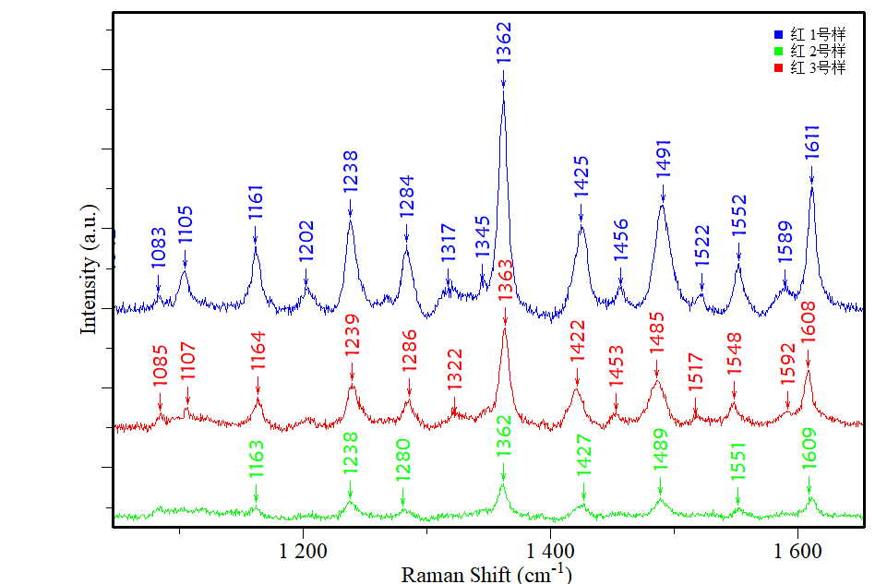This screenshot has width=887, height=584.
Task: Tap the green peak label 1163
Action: (257, 459)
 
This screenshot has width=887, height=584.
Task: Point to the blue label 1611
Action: (812, 143)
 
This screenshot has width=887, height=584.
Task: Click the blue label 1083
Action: (159, 248)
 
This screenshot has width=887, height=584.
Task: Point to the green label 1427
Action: (583, 459)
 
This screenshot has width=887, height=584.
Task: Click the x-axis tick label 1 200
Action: (304, 552)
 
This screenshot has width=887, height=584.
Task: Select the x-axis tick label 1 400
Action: (550, 552)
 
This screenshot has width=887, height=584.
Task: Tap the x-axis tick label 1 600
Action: (797, 552)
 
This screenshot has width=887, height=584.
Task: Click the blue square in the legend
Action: (778, 33)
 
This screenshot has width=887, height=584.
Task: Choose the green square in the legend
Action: (778, 51)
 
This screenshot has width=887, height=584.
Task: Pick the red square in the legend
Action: (778, 68)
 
